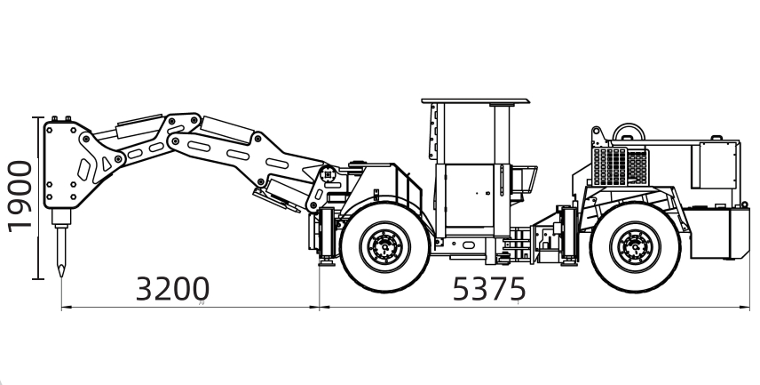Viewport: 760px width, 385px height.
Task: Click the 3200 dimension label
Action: (x=172, y=289)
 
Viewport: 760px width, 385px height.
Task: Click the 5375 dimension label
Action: (x=488, y=289)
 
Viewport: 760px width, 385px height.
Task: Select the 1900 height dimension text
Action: (x=20, y=197)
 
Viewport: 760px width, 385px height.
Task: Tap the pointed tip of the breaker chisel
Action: (x=61, y=276)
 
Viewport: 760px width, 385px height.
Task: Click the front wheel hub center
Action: (x=384, y=246)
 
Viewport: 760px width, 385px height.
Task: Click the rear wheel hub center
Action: (x=635, y=246)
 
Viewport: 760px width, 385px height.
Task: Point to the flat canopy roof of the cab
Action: (x=476, y=101)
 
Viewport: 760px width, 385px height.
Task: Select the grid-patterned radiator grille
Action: (x=621, y=166)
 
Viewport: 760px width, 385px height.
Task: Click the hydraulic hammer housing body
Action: (x=67, y=165)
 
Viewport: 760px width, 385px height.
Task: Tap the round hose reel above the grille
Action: (x=629, y=132)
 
